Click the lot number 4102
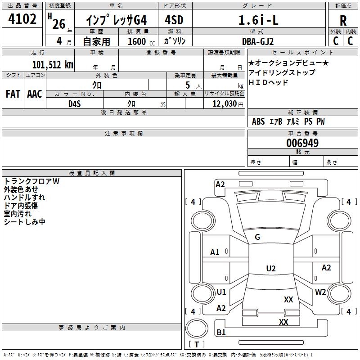coord(22,19)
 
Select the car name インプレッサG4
coord(117,20)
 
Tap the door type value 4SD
coord(174,20)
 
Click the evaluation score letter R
coord(343,21)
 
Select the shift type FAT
coord(13,94)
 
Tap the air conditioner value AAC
coord(35,94)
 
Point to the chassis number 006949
coord(302,143)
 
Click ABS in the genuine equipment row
coord(258,121)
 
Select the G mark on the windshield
coord(257,237)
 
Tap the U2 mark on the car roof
coord(271,269)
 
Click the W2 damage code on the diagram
coord(320,292)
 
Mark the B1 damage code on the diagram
coord(221,333)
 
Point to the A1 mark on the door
coord(215,252)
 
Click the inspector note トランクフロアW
coord(31,181)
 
